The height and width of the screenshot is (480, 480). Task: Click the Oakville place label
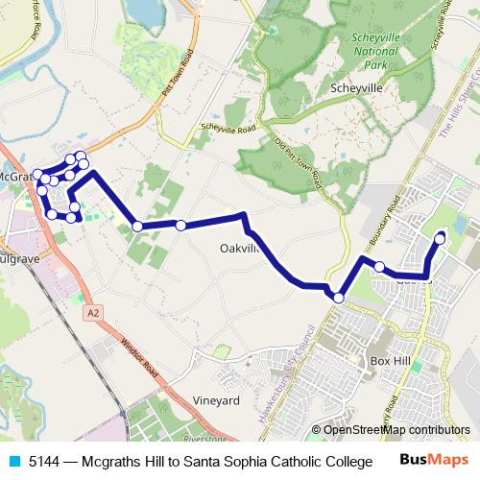click(239, 248)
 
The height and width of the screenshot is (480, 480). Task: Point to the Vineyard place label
click(216, 400)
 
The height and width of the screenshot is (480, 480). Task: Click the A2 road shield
click(92, 313)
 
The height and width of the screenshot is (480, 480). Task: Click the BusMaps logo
click(434, 461)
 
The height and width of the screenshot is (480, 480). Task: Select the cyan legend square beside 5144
click(13, 462)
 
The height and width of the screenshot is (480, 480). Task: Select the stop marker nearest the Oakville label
click(180, 226)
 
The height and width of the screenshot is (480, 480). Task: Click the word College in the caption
click(346, 462)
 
